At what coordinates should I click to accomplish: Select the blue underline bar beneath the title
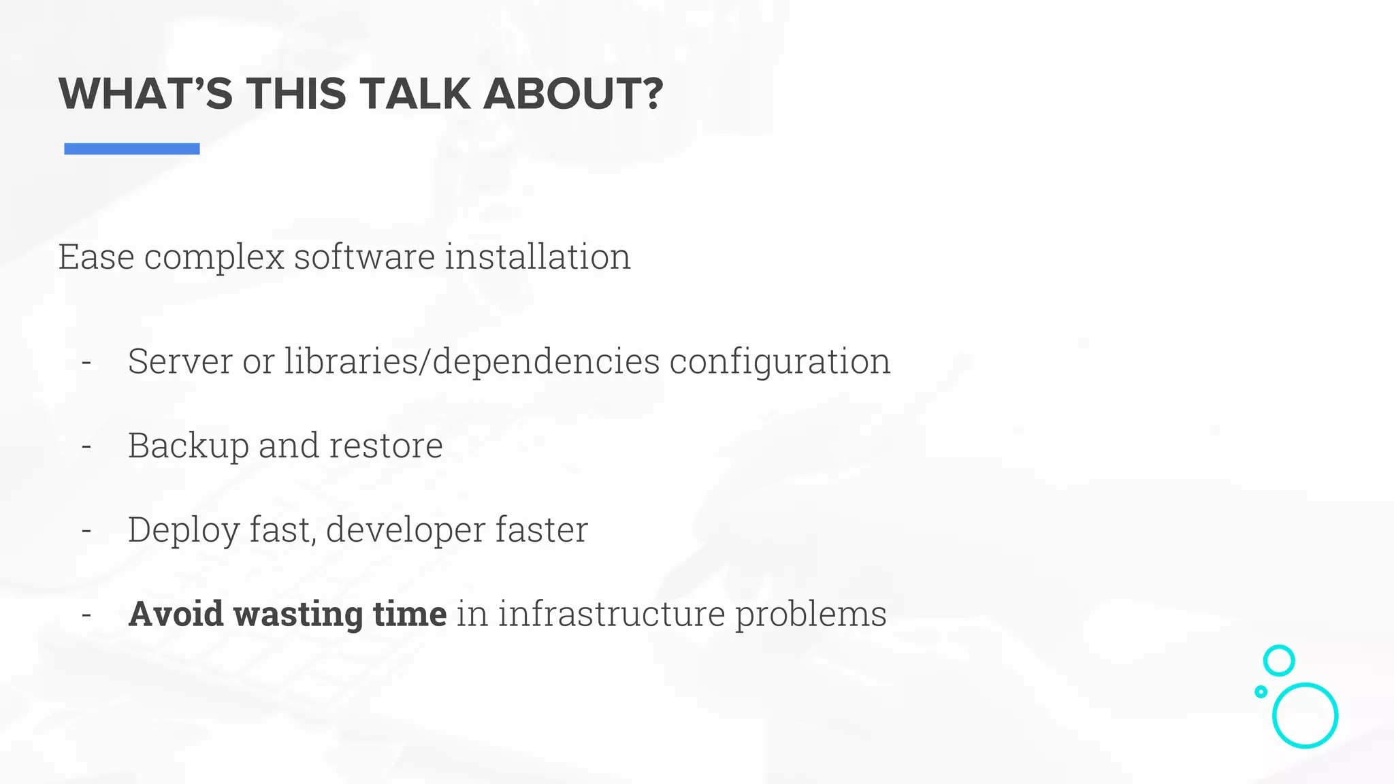click(x=131, y=148)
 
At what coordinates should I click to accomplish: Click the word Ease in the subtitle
click(x=96, y=257)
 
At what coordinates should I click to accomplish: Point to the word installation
click(x=538, y=257)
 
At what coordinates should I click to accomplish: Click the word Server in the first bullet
click(x=180, y=361)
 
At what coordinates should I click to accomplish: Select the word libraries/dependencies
click(x=472, y=361)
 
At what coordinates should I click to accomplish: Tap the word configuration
click(x=779, y=362)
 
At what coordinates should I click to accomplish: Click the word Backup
click(x=189, y=446)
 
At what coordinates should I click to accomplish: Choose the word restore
click(x=386, y=446)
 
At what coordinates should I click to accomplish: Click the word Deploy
click(x=183, y=530)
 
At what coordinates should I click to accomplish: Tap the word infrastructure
click(x=611, y=614)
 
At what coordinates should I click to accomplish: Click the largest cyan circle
click(x=1305, y=715)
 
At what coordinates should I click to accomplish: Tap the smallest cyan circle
click(x=1261, y=691)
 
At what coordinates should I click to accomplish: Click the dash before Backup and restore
click(x=86, y=446)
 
